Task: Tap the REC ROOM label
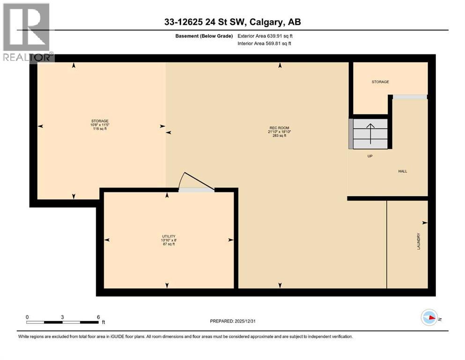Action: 280,127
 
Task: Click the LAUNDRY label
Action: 419,241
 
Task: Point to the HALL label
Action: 402,172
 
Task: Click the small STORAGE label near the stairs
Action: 380,82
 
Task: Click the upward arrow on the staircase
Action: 370,133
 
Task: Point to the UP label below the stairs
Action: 369,156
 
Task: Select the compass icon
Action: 428,318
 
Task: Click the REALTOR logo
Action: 27,32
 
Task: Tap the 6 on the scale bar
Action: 98,317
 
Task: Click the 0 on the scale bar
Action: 27,317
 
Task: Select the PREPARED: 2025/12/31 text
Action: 232,321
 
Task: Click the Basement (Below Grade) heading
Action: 206,36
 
